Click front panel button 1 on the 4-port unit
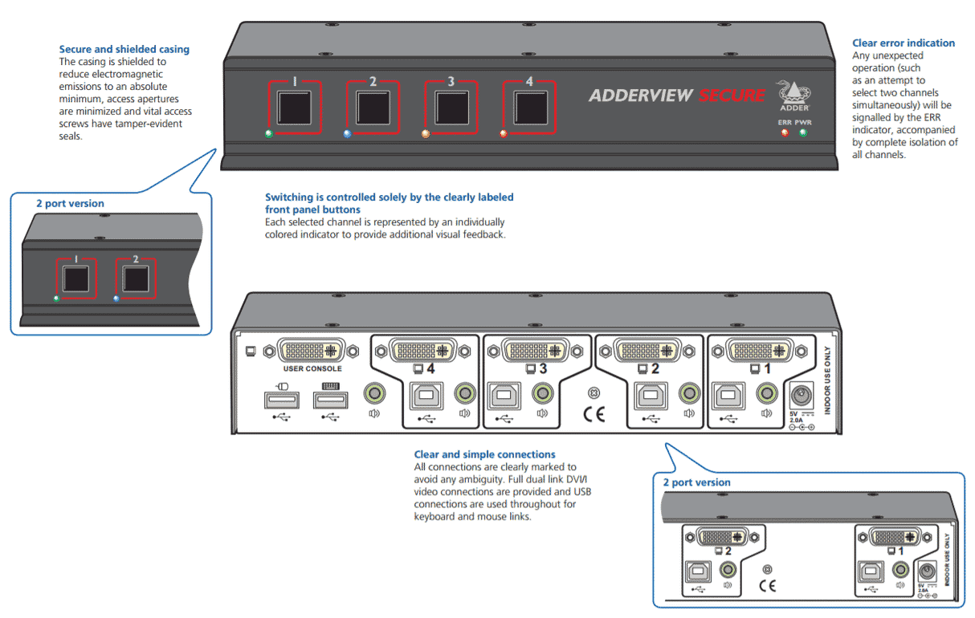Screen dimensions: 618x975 click(294, 106)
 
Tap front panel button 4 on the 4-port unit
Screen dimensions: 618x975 click(528, 106)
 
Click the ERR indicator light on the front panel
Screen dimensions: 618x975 click(785, 132)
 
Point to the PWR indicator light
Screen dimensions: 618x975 click(802, 132)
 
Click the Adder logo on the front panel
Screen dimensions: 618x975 click(793, 91)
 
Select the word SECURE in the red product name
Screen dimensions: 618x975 click(731, 96)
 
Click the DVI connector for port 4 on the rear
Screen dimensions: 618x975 click(423, 350)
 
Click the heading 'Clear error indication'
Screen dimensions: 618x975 click(903, 43)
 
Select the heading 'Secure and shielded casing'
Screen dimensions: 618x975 click(124, 49)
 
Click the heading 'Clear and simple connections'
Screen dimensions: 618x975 click(484, 454)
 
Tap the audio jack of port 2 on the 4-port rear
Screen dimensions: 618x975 click(688, 392)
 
